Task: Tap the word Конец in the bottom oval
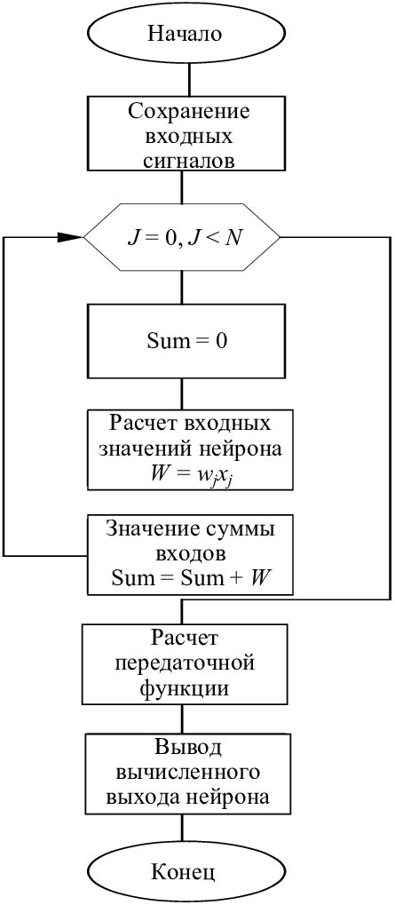click(183, 871)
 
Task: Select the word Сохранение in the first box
click(189, 112)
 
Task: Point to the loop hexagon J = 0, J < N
click(181, 238)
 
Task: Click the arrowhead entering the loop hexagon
click(70, 238)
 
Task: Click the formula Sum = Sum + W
click(189, 577)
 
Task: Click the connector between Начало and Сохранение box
click(182, 77)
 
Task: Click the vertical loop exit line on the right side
click(390, 417)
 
